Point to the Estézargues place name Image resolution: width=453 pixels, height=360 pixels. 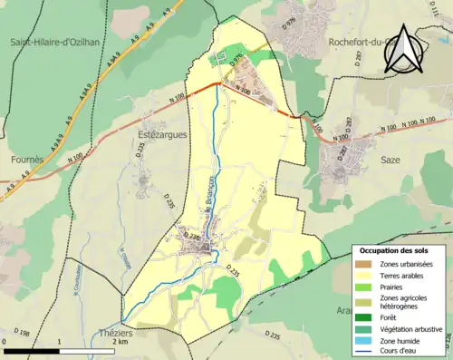click(159, 134)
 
